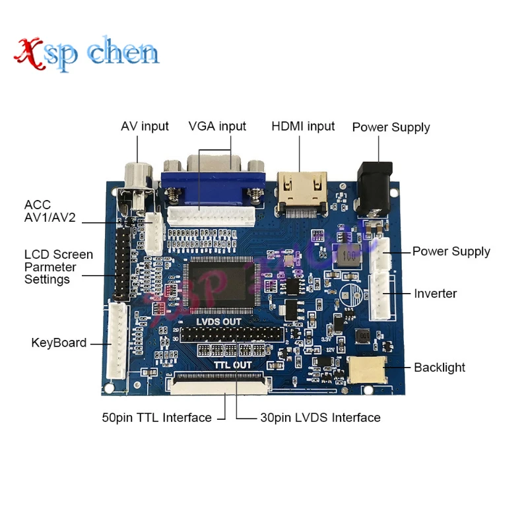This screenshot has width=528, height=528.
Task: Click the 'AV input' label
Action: click(145, 127)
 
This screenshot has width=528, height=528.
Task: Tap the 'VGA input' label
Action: click(217, 127)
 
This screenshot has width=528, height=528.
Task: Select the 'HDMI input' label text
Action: click(303, 127)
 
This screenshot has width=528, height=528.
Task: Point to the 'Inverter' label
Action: click(435, 294)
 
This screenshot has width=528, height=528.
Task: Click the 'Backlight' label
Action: click(439, 368)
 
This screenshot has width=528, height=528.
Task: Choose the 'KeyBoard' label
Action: click(59, 343)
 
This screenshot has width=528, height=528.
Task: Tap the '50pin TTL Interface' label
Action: click(156, 418)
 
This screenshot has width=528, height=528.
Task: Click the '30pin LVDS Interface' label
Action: click(320, 418)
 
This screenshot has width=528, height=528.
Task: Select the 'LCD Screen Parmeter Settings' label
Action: click(59, 267)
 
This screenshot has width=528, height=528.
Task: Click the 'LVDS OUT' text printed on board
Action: click(219, 321)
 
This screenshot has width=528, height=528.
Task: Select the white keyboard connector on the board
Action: click(116, 341)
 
